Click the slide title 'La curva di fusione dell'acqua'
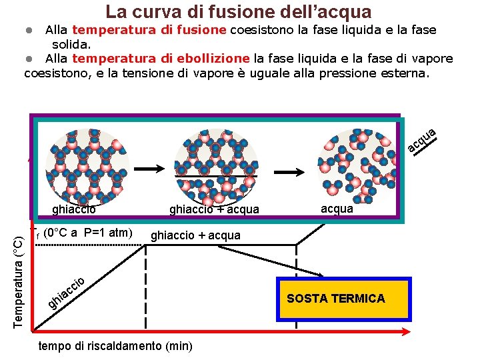click(239, 11)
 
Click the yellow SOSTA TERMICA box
click(342, 299)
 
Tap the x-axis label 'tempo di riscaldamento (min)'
click(116, 346)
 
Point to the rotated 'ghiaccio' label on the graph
click(67, 292)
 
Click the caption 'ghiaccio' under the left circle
click(74, 210)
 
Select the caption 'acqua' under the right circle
click(337, 209)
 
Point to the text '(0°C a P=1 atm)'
click(90, 233)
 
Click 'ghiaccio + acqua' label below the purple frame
click(196, 235)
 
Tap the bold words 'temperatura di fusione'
click(150, 30)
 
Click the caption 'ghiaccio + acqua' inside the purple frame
click(213, 210)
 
